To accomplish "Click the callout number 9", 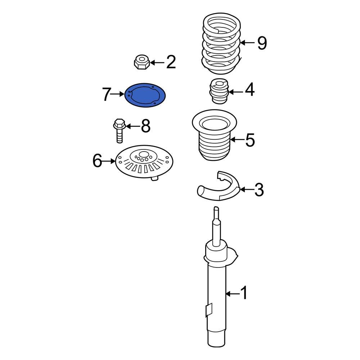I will (262, 43).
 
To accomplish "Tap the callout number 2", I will (171, 63).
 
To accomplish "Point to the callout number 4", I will (249, 90).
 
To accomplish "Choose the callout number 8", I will (145, 126).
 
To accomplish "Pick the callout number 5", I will (249, 140).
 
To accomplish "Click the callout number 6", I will (98, 161).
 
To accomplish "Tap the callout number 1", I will (244, 294).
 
